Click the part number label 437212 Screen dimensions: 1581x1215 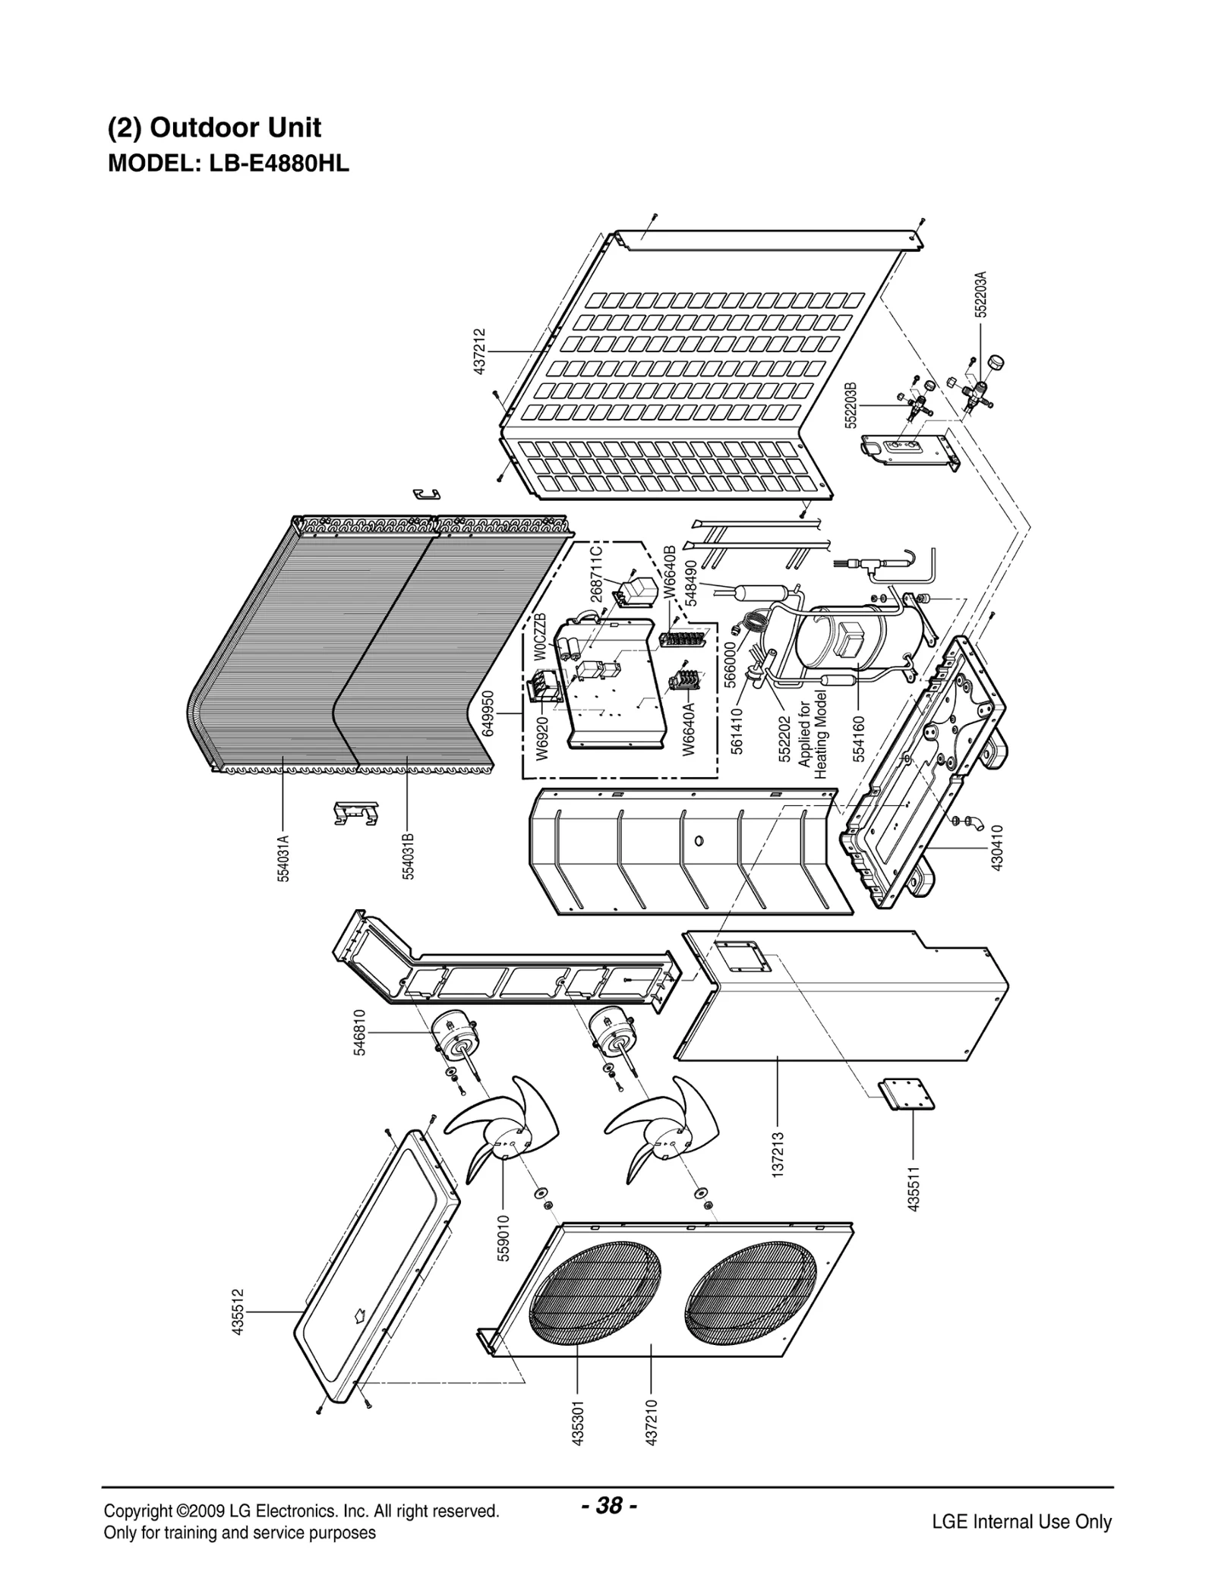click(x=479, y=351)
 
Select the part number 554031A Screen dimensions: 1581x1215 click(x=282, y=858)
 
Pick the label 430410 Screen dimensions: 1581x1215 click(x=997, y=848)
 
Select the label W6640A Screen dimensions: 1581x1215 click(x=688, y=729)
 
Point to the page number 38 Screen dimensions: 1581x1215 click(x=608, y=1506)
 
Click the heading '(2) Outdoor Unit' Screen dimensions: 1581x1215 click(x=215, y=128)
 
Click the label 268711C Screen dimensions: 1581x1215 click(x=596, y=575)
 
